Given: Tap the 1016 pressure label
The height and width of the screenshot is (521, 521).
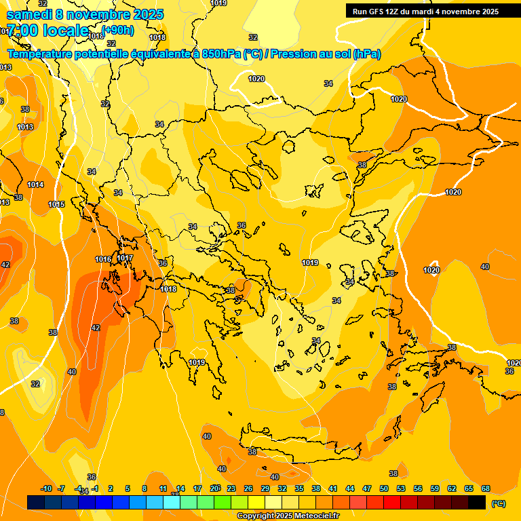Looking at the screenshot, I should pos(103,259).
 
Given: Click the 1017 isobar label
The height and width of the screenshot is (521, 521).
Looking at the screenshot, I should pos(125,258).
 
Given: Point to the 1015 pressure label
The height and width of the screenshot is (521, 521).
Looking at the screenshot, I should pos(56,204).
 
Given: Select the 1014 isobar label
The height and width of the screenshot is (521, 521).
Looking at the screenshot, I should pos(35,185).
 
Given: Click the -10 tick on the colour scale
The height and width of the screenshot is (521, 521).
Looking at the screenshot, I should pos(47,488).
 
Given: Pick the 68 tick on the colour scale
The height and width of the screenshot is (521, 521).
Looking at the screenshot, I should pos(486,488).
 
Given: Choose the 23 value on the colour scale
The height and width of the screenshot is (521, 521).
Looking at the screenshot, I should pos(231,488).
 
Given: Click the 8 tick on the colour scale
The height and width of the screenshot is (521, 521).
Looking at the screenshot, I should pos(144,488).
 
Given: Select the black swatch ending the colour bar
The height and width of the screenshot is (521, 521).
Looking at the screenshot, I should pos(477,502).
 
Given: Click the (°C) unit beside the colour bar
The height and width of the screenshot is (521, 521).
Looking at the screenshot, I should pos(499,503).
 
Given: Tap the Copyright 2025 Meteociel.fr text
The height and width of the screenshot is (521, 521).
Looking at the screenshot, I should pos(288,516).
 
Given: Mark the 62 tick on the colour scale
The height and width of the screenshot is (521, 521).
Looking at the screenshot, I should pos(452,488).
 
